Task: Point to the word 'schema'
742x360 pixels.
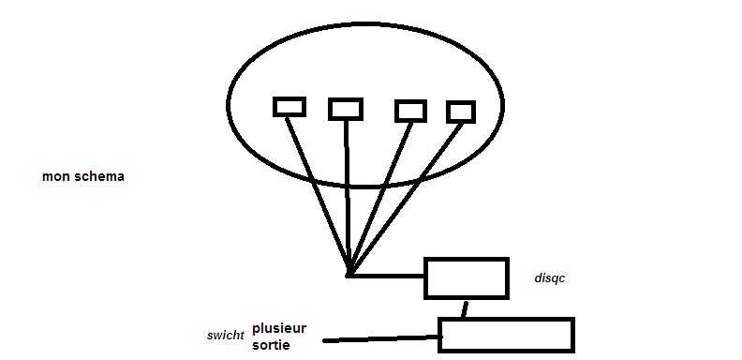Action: coord(99,176)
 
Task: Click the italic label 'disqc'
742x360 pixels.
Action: coord(549,278)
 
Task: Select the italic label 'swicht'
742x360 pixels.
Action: coord(225,336)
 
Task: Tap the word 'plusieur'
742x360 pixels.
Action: coord(279,328)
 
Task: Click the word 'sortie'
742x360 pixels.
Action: coord(271,344)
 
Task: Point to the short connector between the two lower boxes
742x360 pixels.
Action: coord(465,308)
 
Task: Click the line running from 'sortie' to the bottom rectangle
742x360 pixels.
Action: coord(381,338)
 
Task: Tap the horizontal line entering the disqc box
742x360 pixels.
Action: coord(387,276)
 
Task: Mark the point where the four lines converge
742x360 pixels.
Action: coord(349,275)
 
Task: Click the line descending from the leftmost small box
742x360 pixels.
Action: coord(317,195)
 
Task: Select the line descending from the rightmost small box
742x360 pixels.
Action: coord(406,199)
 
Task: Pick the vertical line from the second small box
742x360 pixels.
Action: coord(348,197)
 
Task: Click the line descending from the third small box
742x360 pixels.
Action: coord(380,198)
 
